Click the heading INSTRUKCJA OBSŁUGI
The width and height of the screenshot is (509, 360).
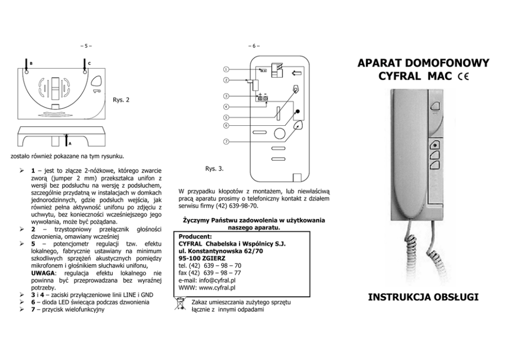click(423, 297)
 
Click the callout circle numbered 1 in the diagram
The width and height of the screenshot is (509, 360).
click(226, 69)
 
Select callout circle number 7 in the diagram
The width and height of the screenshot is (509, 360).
click(226, 142)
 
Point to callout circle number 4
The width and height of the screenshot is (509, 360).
click(226, 107)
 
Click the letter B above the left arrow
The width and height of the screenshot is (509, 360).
click(31, 63)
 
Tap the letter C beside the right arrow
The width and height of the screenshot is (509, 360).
click(89, 63)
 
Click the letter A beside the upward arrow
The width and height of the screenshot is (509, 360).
click(70, 143)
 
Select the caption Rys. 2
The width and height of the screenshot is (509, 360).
click(121, 100)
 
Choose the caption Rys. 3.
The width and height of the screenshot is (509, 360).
click(214, 168)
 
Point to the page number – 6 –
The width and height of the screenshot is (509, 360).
click(254, 47)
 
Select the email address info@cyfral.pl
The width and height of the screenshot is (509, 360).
click(218, 280)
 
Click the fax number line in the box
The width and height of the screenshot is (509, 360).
click(210, 273)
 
